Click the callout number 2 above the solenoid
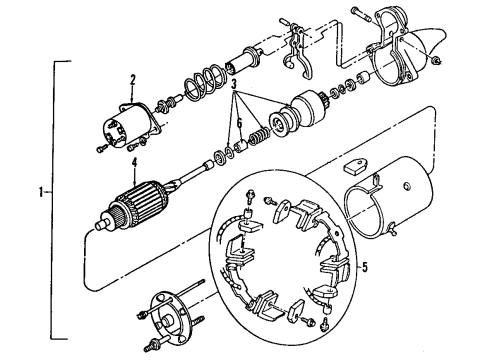[131, 79]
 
